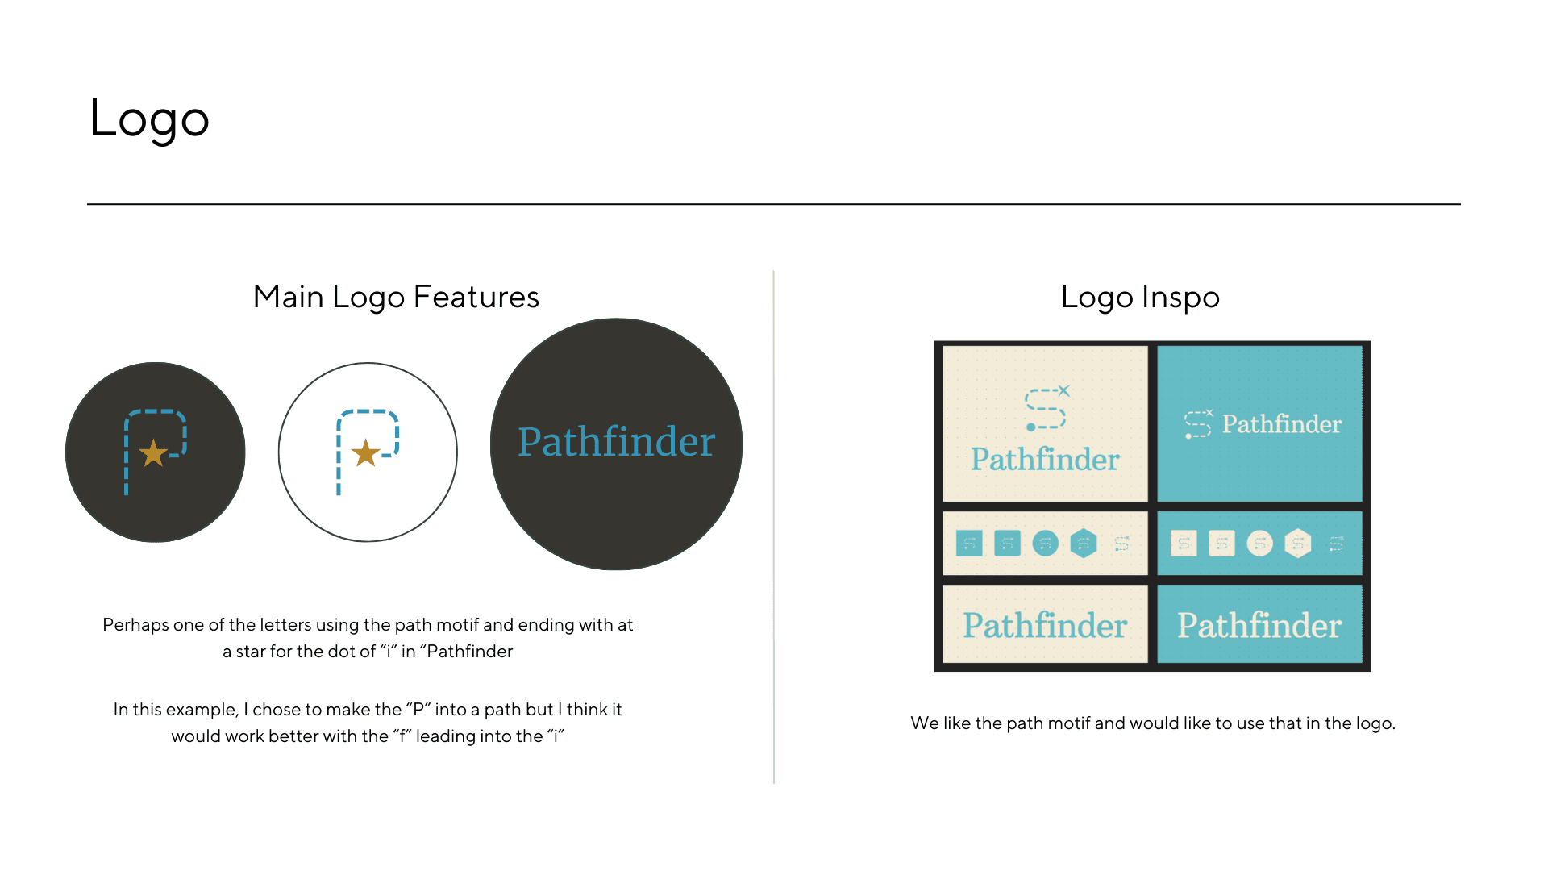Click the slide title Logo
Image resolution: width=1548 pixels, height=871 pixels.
point(149,119)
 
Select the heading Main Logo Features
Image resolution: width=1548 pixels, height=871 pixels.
point(396,297)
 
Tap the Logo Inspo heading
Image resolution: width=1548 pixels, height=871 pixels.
point(1140,297)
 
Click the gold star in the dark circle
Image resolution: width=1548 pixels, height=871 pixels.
point(153,453)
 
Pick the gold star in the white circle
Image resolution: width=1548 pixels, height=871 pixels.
point(366,453)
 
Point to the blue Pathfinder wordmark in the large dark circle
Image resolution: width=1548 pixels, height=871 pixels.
point(616,442)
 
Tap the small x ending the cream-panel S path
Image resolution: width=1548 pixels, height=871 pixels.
point(1064,390)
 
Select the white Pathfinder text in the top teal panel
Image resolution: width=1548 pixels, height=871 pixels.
point(1282,423)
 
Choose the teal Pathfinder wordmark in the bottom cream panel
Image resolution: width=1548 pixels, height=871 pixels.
point(1045,625)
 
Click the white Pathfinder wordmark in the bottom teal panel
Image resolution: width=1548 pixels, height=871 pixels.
point(1259,625)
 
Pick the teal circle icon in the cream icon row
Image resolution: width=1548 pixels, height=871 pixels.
point(1046,544)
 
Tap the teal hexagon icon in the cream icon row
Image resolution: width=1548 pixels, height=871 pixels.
point(1084,544)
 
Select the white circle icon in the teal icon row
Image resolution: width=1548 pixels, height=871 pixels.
point(1260,544)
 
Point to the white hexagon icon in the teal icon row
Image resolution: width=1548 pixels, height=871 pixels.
point(1298,544)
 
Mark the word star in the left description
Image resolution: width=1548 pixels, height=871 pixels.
point(251,652)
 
